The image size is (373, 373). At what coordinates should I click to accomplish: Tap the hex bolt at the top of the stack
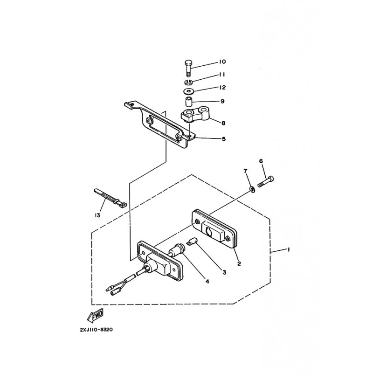[x=188, y=68]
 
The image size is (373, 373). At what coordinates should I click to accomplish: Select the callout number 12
[x=222, y=88]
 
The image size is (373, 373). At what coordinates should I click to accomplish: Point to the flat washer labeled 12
[x=189, y=91]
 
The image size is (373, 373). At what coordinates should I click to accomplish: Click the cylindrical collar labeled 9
[x=189, y=102]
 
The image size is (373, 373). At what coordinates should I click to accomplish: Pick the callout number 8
[x=223, y=123]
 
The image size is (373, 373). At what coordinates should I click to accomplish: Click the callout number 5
[x=224, y=139]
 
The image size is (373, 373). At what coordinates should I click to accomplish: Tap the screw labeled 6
[x=265, y=182]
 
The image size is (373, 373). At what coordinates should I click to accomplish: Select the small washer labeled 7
[x=252, y=189]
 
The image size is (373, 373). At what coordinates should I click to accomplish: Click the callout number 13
[x=97, y=215]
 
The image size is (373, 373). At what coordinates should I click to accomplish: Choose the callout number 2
[x=239, y=263]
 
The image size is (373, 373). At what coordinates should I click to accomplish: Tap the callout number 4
[x=207, y=282]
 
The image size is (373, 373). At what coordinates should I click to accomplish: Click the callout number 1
[x=289, y=249]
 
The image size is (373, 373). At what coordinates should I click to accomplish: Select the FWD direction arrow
[x=95, y=315]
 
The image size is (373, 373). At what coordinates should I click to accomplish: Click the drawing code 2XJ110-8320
[x=97, y=330]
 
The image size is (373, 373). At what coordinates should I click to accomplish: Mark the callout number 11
[x=222, y=75]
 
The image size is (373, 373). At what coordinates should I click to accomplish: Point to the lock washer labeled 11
[x=189, y=83]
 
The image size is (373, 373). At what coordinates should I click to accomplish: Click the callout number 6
[x=261, y=161]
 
